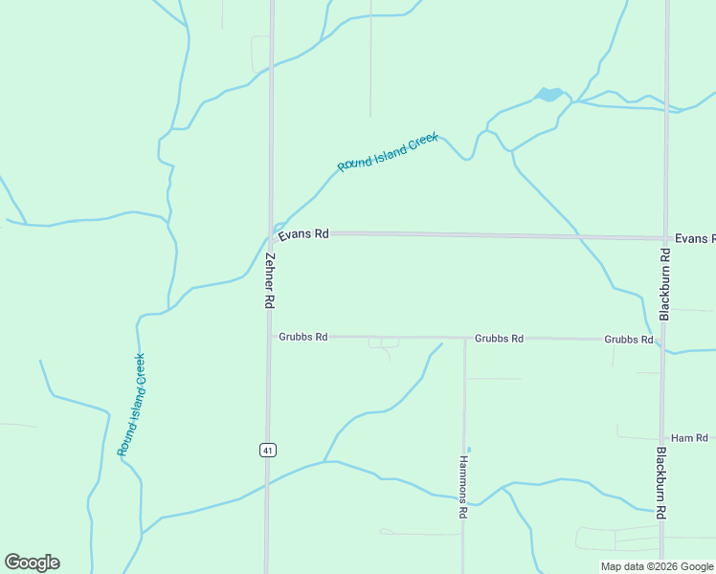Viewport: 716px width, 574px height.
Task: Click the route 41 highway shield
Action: coord(268,450)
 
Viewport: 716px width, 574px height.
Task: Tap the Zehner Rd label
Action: coord(270,279)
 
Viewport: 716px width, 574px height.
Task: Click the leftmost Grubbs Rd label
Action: coord(303,337)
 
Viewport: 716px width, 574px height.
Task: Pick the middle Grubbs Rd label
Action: coord(499,339)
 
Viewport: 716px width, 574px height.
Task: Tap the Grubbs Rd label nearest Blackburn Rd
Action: coord(628,340)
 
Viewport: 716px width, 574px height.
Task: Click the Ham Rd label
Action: coord(688,437)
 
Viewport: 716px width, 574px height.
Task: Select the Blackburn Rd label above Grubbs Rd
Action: coord(664,283)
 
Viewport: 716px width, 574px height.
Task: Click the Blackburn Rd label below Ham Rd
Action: coord(661,482)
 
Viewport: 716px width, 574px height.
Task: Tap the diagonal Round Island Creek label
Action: coord(388,152)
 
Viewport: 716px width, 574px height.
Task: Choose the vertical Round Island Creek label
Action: coord(131,404)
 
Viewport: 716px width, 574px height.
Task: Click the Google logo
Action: coord(32,563)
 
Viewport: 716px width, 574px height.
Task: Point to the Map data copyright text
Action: coord(658,566)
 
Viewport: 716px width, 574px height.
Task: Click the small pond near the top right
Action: coord(549,95)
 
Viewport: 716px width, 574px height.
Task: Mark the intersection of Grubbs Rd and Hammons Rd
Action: coord(464,338)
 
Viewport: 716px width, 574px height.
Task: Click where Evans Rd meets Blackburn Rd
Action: coord(665,238)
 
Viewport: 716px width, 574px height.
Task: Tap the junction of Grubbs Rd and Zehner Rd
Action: coord(268,337)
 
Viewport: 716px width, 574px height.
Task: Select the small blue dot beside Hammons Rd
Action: coord(468,449)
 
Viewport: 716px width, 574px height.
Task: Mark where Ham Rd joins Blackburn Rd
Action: coord(662,438)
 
